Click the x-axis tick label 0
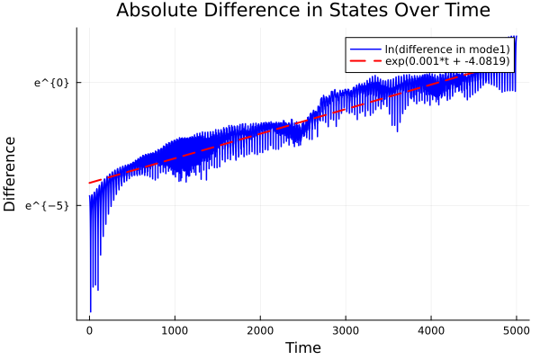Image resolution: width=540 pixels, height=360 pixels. coord(89,330)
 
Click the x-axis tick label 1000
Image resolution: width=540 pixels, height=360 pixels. coord(175,330)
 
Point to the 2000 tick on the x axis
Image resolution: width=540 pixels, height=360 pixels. coord(260,330)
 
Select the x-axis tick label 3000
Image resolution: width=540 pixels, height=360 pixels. coord(346,330)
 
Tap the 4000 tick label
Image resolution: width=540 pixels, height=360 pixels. coord(431,330)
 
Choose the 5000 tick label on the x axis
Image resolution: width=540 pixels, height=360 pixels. coord(516,330)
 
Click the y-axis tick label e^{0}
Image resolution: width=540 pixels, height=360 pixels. coord(51,83)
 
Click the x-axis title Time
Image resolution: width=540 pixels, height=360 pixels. coord(302,347)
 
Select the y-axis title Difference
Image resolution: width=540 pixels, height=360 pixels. coord(11,174)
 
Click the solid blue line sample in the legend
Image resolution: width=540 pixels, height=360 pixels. coord(366,49)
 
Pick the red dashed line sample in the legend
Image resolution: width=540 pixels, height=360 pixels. coord(366,61)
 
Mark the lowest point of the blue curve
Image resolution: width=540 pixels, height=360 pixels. coord(90,311)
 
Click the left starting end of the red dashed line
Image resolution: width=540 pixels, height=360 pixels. coord(89,183)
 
